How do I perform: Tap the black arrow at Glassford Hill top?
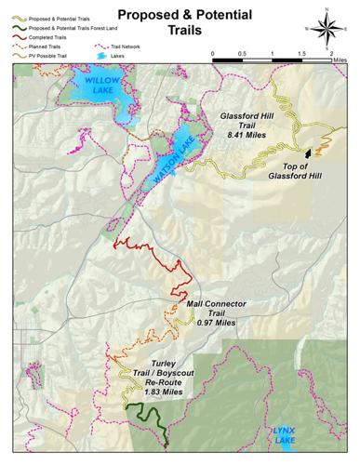coord(309,153)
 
